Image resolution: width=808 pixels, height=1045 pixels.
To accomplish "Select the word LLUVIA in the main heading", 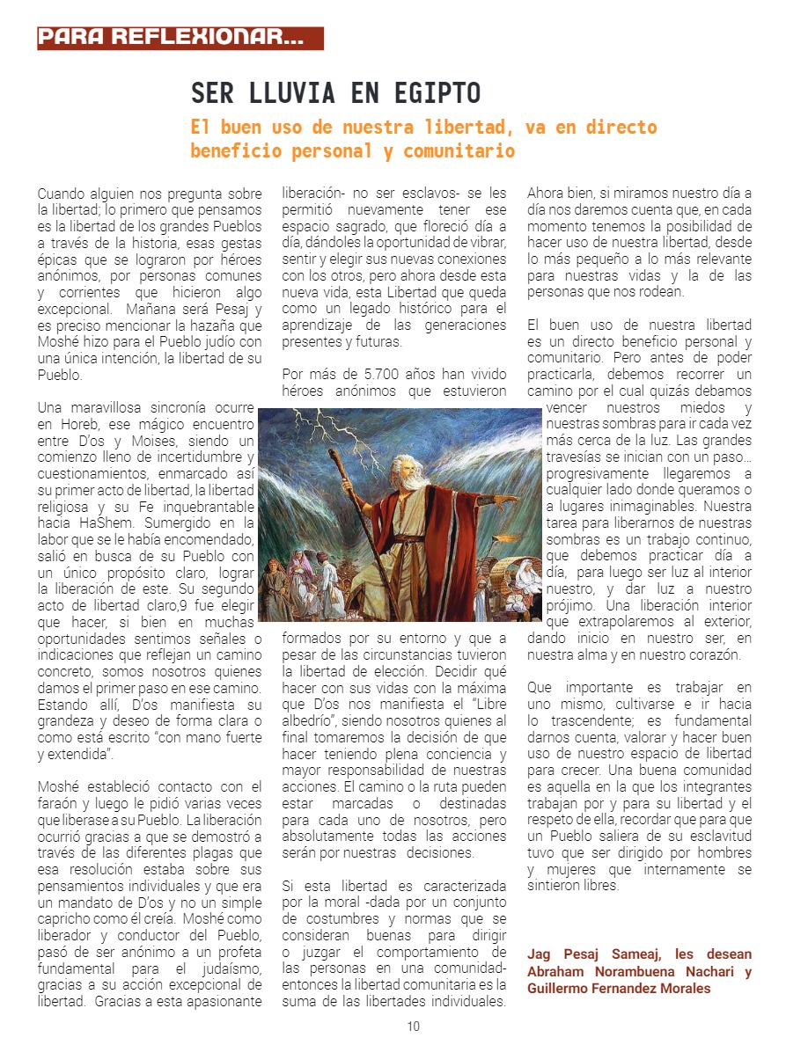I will click(288, 93).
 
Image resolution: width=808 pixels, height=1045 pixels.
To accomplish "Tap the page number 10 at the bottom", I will click(413, 1026).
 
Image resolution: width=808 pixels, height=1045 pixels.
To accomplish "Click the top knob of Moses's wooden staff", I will click(335, 456).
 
